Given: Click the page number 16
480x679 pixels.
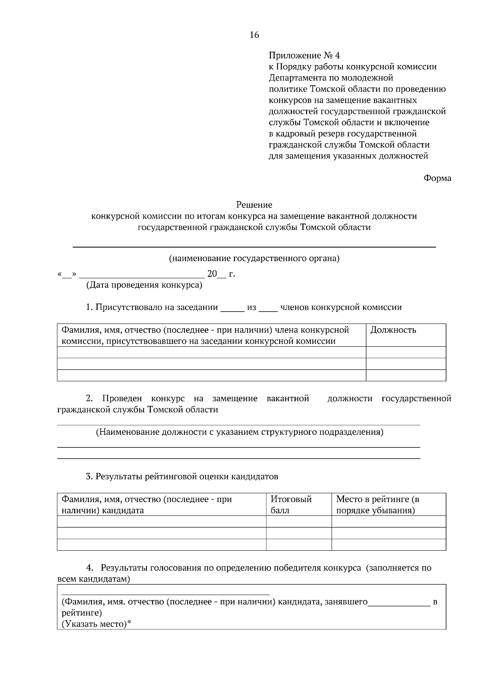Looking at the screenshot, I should tap(254, 35).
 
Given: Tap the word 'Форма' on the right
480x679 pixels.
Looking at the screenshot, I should tap(437, 178).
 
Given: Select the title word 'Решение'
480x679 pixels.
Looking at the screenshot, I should tap(254, 205).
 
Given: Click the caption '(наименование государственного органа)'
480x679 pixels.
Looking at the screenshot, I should tap(254, 258).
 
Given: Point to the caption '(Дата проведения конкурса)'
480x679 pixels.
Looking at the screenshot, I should tap(144, 285).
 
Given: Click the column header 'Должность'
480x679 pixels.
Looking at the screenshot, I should tap(393, 330).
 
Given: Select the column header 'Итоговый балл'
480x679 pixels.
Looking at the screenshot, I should tap(291, 505).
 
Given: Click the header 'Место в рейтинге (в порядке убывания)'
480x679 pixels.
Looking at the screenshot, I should tap(377, 505).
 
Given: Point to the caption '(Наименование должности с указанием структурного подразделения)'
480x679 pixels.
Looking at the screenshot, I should tap(239, 432).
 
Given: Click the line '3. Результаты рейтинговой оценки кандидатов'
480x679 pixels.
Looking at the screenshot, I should tap(182, 477).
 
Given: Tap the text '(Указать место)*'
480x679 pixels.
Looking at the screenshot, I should tap(96, 624).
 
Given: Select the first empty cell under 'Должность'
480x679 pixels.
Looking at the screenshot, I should tap(406, 352).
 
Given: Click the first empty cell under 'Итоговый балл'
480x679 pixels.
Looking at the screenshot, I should tap(299, 521).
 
